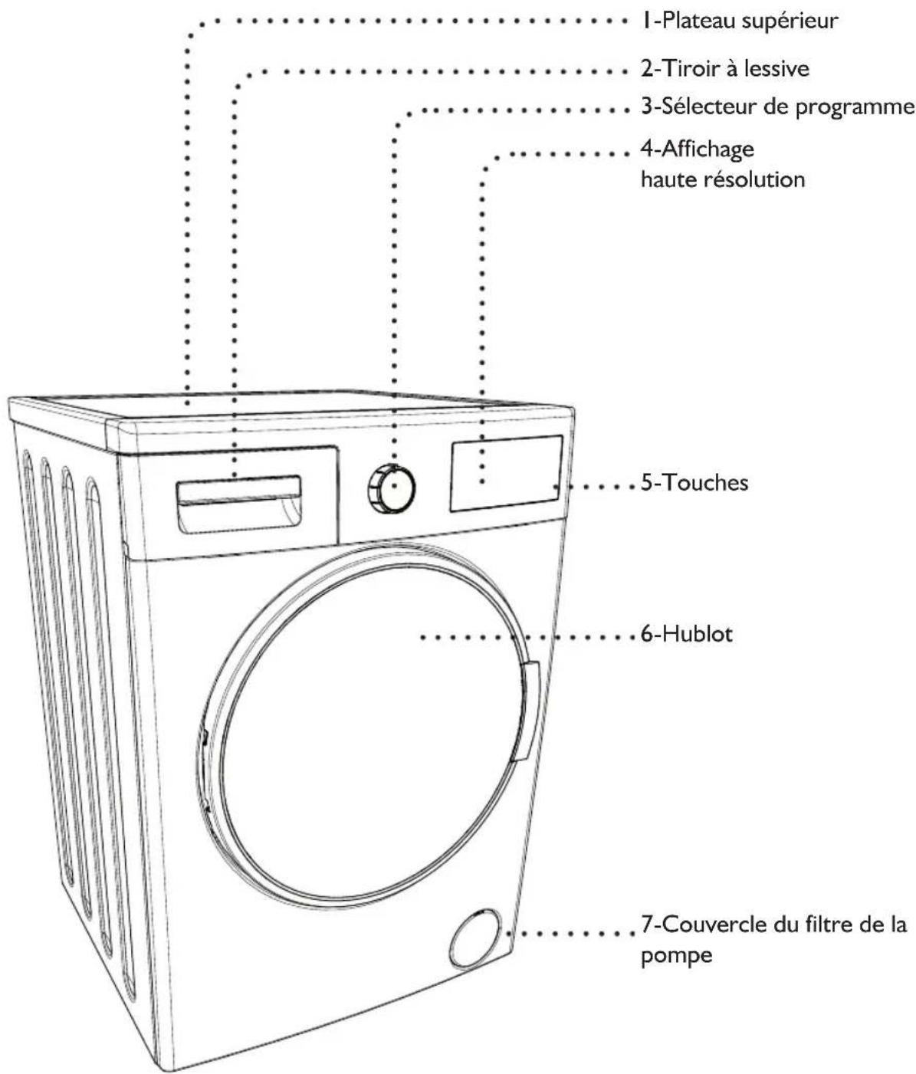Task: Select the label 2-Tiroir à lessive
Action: coord(724,69)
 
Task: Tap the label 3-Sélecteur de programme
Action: coord(777,107)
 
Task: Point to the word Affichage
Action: coord(697,148)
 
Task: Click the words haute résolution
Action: coord(722,180)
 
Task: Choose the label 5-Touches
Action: coord(694,483)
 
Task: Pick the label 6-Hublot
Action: coord(686,635)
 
